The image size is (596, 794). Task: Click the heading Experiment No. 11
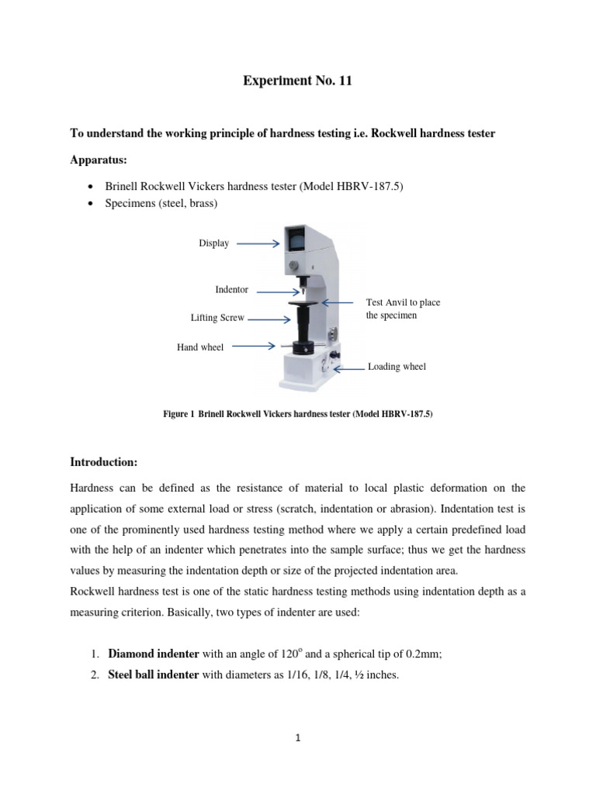pyautogui.click(x=298, y=81)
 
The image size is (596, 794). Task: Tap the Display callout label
pyautogui.click(x=214, y=243)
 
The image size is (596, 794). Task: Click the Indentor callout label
pyautogui.click(x=231, y=290)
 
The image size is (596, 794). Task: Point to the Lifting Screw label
pyautogui.click(x=217, y=318)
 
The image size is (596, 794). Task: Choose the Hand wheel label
pyautogui.click(x=200, y=347)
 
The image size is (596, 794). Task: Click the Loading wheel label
pyautogui.click(x=397, y=367)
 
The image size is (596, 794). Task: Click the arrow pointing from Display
pyautogui.click(x=257, y=243)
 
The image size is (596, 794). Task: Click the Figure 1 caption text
pyautogui.click(x=297, y=415)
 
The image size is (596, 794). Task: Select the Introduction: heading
pyautogui.click(x=104, y=463)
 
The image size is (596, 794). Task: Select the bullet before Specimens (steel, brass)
pyautogui.click(x=92, y=204)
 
